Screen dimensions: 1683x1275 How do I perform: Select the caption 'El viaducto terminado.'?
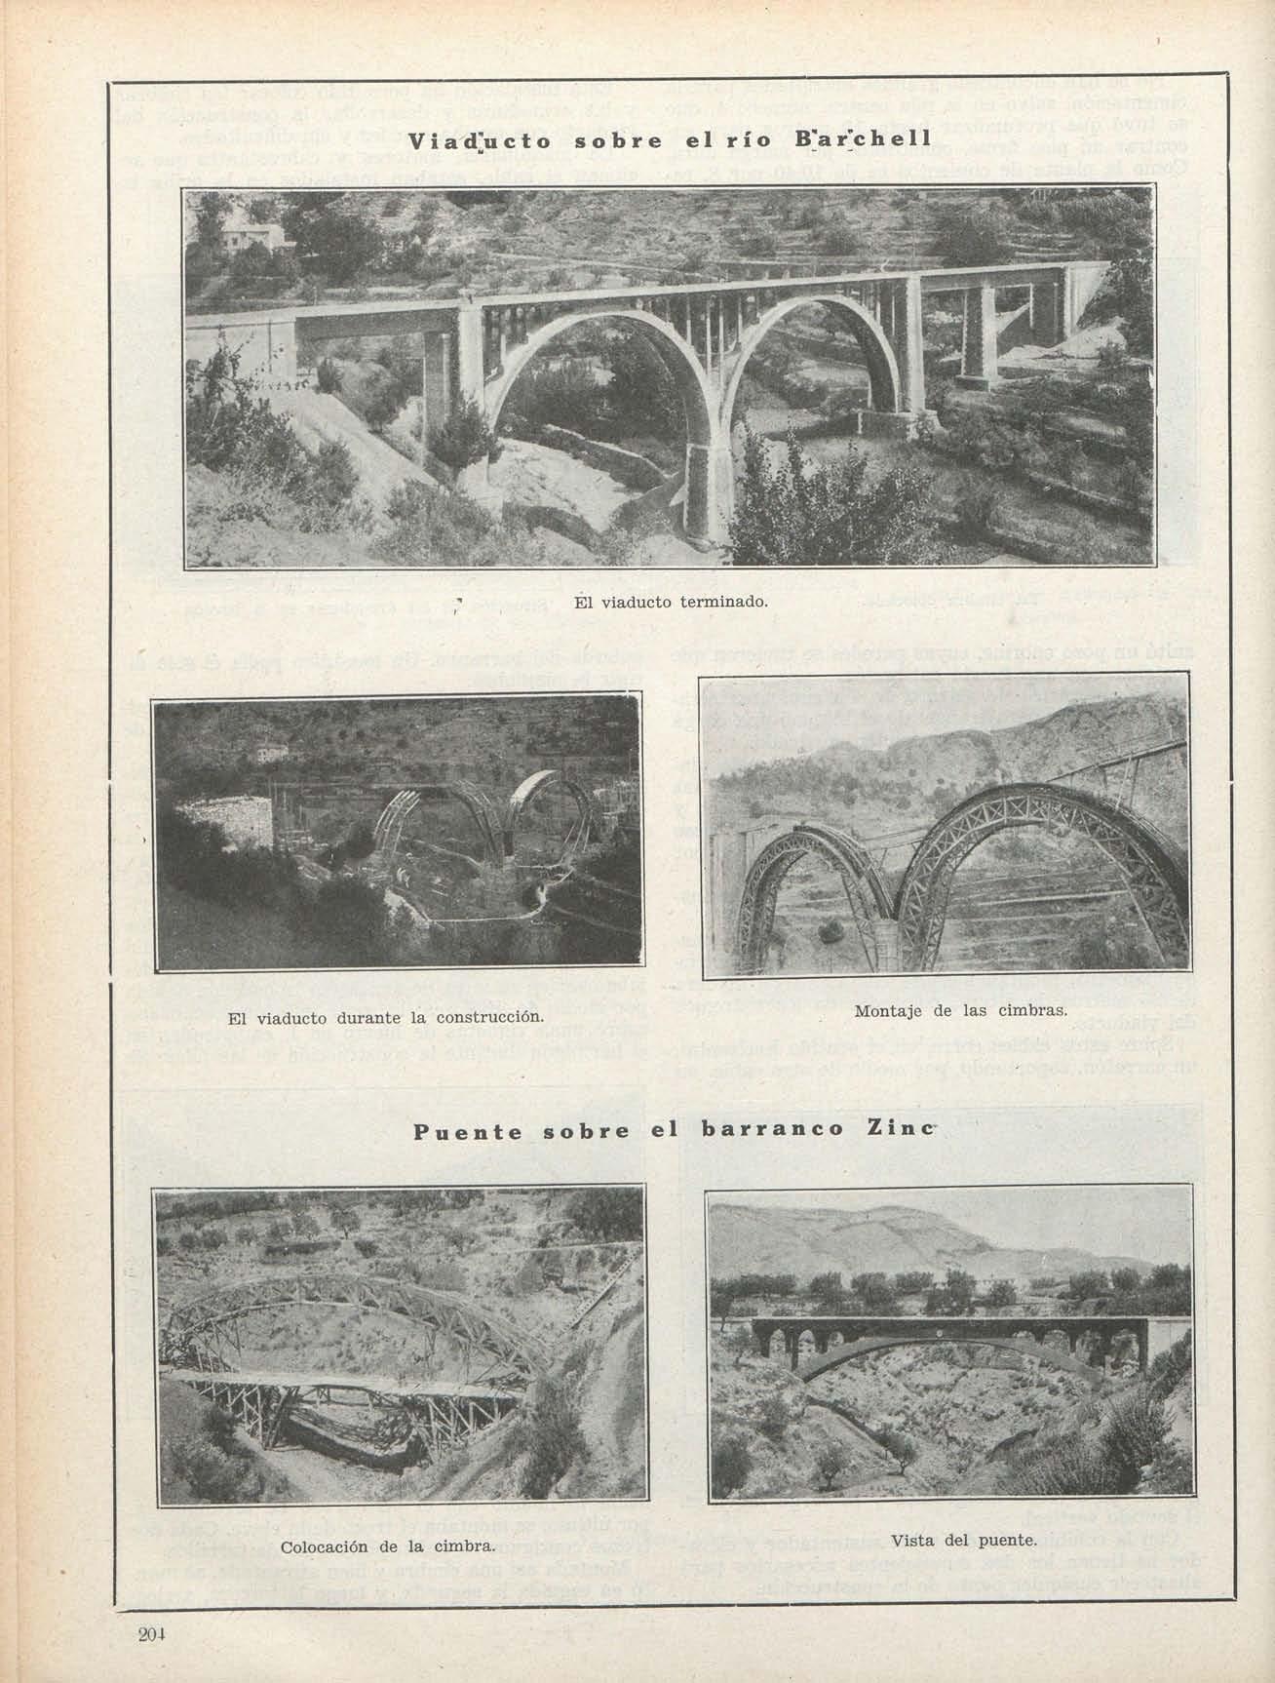coord(672,602)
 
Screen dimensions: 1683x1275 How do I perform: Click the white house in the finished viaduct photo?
coord(251,237)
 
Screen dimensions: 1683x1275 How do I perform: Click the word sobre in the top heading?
coord(601,140)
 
